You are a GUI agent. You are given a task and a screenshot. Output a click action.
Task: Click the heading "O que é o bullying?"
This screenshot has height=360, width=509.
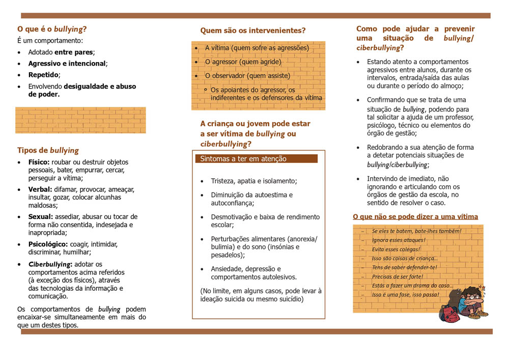[x=52, y=29]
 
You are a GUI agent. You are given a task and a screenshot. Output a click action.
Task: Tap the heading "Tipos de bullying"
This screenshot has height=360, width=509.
[x=48, y=150]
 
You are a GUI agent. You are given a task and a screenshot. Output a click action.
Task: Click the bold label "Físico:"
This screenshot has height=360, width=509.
[x=39, y=162]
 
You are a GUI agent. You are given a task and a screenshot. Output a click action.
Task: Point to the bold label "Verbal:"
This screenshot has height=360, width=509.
[x=40, y=189]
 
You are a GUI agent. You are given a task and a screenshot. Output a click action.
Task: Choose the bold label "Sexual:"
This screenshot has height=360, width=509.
[x=40, y=216]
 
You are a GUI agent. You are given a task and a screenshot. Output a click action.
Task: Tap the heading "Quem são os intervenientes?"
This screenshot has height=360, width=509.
[x=252, y=31]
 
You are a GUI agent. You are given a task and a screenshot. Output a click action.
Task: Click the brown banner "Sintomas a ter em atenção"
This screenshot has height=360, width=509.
[x=256, y=159]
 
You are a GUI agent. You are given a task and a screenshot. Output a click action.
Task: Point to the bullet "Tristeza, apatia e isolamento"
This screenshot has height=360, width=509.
[x=253, y=181]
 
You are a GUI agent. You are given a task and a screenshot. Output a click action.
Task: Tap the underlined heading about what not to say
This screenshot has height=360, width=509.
[x=415, y=217]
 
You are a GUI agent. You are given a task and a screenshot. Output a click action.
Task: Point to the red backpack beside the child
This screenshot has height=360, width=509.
[x=448, y=313]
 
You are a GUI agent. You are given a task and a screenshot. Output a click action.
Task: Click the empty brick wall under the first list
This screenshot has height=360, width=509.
[x=80, y=120]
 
